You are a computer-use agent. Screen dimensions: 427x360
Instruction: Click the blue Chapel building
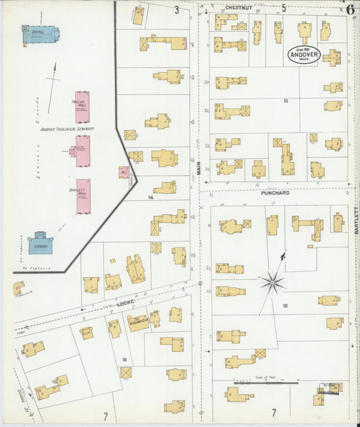click(40, 34)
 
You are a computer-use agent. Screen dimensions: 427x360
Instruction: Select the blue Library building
click(40, 243)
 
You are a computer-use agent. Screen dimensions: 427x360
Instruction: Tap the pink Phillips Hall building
click(82, 107)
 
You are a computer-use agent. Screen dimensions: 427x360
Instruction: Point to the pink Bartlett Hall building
click(83, 196)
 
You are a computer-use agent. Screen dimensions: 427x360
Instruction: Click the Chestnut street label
click(238, 7)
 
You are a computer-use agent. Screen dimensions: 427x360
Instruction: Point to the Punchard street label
click(275, 193)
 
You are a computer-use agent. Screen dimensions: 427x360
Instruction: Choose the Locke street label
click(126, 305)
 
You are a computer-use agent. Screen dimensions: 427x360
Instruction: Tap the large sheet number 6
click(351, 8)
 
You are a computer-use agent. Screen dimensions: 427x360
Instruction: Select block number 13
click(286, 101)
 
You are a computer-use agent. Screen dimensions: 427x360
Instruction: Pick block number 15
click(285, 306)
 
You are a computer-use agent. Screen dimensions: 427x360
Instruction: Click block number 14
click(151, 198)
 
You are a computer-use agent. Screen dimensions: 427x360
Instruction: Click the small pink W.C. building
click(124, 172)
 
